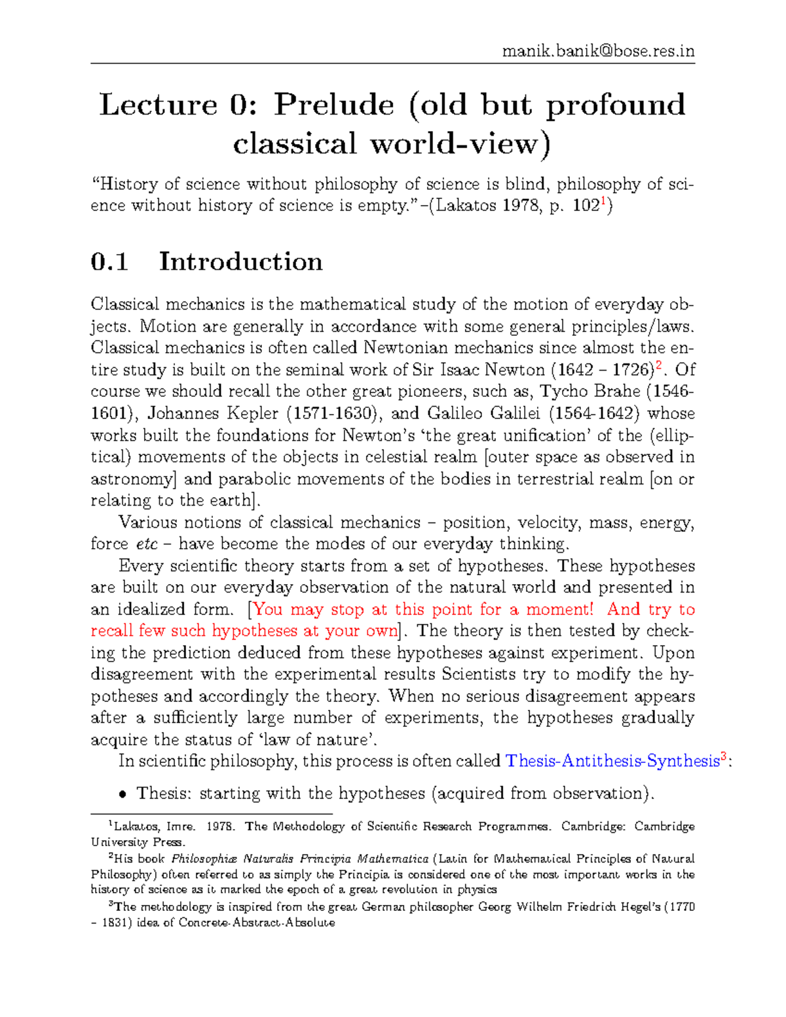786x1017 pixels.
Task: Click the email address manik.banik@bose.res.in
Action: click(598, 51)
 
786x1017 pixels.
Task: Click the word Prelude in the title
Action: click(334, 105)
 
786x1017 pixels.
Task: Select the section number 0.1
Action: click(109, 262)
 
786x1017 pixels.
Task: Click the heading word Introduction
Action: click(240, 262)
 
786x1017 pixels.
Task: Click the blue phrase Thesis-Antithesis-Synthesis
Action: click(612, 761)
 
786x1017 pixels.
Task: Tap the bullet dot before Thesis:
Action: click(122, 794)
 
